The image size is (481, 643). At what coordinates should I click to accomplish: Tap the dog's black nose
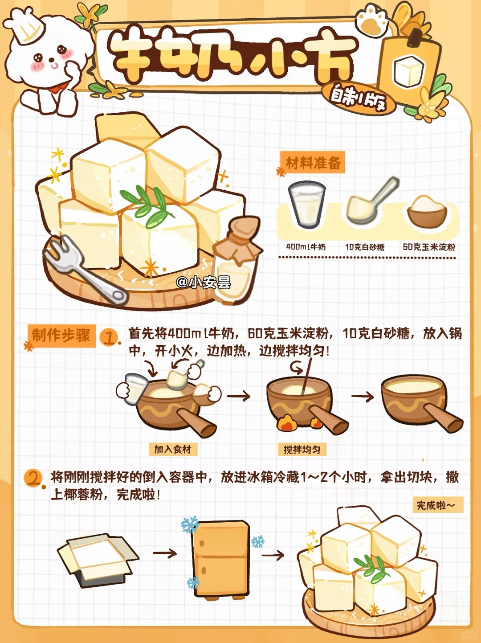(x=52, y=60)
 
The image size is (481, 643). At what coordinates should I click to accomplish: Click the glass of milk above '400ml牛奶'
(x=306, y=205)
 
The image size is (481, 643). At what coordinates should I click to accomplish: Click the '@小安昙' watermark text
(x=204, y=282)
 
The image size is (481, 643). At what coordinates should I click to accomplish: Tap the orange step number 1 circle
(x=109, y=338)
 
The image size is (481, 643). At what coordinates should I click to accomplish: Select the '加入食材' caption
(x=173, y=449)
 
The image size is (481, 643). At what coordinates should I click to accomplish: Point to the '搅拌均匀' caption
(x=302, y=449)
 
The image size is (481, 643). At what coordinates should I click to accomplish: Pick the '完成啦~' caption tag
(x=438, y=505)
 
